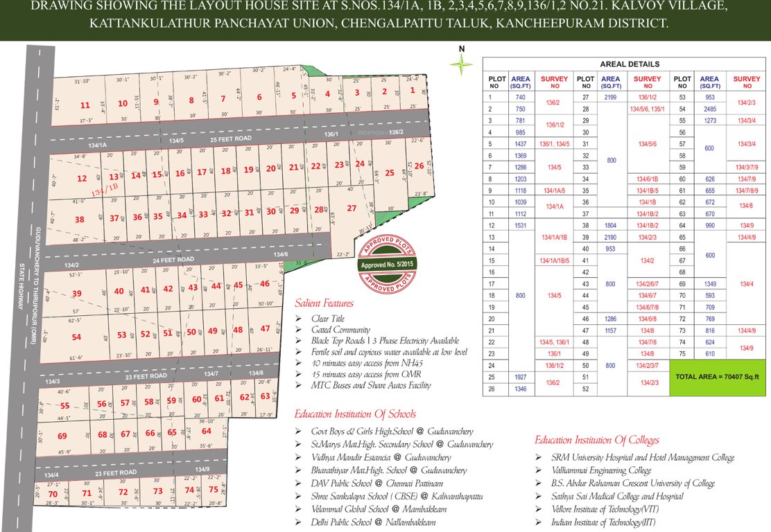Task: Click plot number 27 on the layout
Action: point(352,209)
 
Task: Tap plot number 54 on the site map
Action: point(76,337)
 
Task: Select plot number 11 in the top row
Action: point(85,105)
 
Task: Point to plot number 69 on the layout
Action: point(62,436)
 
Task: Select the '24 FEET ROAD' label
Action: point(175,260)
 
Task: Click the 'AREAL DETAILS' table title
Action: point(630,64)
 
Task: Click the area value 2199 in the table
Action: point(611,98)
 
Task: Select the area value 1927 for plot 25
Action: point(520,378)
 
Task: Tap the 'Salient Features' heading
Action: point(324,303)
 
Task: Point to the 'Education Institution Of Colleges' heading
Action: point(596,440)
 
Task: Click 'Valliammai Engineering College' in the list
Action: point(601,470)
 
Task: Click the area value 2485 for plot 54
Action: point(709,109)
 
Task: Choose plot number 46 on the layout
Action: point(264,284)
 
